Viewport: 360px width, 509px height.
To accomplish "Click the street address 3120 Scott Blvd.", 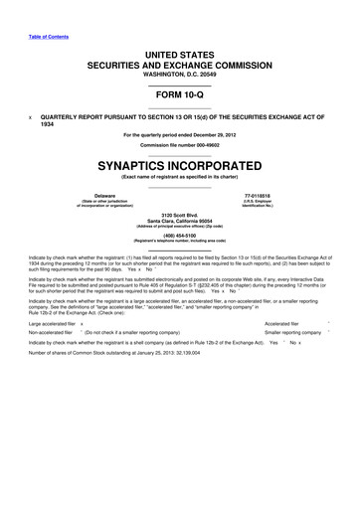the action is [179, 215].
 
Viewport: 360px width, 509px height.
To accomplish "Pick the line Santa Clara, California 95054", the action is [179, 222].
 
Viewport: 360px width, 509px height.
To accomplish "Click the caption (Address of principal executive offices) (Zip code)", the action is [179, 229].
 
